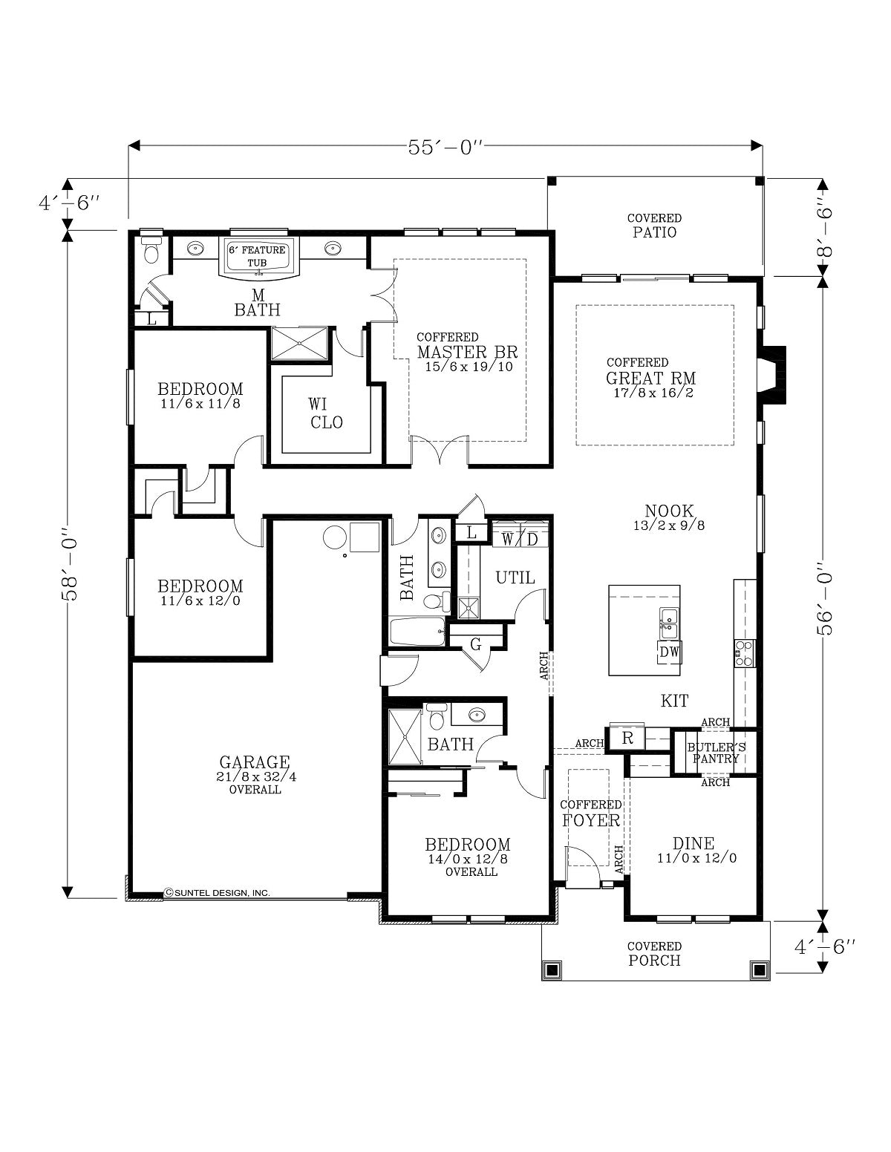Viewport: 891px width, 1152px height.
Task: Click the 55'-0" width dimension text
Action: (x=446, y=148)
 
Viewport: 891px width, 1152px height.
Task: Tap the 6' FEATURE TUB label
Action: (x=257, y=257)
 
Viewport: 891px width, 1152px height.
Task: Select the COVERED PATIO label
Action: (x=654, y=226)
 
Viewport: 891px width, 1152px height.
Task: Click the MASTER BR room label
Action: (x=467, y=352)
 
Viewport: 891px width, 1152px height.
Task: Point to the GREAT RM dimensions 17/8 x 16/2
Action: (x=653, y=393)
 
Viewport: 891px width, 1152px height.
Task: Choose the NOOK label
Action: (x=669, y=511)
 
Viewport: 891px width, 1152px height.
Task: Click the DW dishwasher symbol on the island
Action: (x=669, y=652)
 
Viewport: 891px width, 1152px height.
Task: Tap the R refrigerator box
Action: (x=627, y=738)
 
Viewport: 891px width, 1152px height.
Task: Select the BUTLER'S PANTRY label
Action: (x=716, y=753)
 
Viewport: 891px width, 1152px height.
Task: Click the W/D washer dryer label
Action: (x=520, y=540)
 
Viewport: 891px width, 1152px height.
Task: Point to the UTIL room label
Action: (x=515, y=577)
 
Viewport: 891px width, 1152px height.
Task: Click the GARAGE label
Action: (x=255, y=762)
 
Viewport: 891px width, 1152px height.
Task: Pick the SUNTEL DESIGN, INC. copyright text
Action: (x=218, y=893)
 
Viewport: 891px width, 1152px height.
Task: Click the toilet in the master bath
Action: (x=151, y=251)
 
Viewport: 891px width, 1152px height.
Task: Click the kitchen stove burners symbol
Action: (x=745, y=653)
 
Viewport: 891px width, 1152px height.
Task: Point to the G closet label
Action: (x=476, y=644)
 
